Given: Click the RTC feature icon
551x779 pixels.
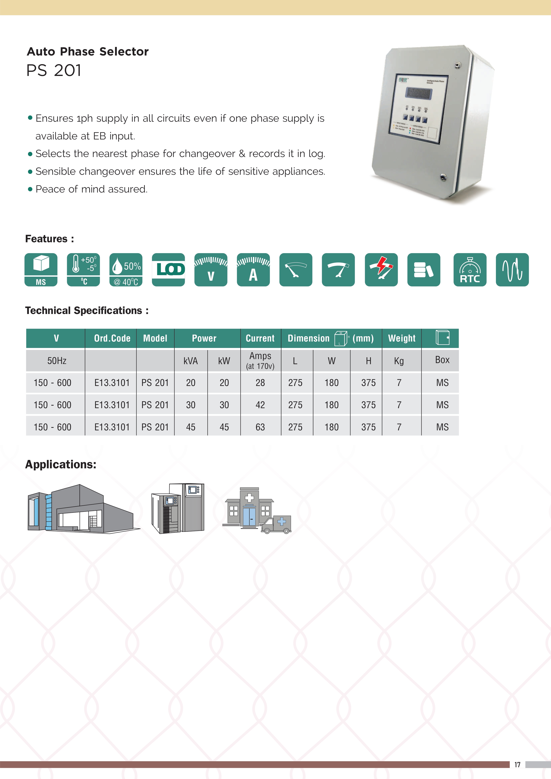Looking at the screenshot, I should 469,270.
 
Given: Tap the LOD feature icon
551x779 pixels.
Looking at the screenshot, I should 168,270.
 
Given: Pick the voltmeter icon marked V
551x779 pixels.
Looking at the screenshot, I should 211,270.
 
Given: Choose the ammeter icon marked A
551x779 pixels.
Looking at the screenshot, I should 253,270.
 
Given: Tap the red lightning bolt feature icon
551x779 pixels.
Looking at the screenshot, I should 381,270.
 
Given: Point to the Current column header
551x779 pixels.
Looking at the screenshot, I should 260,338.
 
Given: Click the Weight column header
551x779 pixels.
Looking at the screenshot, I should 402,338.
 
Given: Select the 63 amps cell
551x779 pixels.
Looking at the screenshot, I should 260,427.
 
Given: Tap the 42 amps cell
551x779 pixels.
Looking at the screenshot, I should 260,405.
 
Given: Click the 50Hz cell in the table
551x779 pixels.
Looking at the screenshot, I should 57,361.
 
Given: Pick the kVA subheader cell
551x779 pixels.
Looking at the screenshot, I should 191,361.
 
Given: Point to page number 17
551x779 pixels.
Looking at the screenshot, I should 517,764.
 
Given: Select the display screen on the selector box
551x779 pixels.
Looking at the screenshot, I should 419,93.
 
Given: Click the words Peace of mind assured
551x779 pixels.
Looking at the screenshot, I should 92,189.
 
